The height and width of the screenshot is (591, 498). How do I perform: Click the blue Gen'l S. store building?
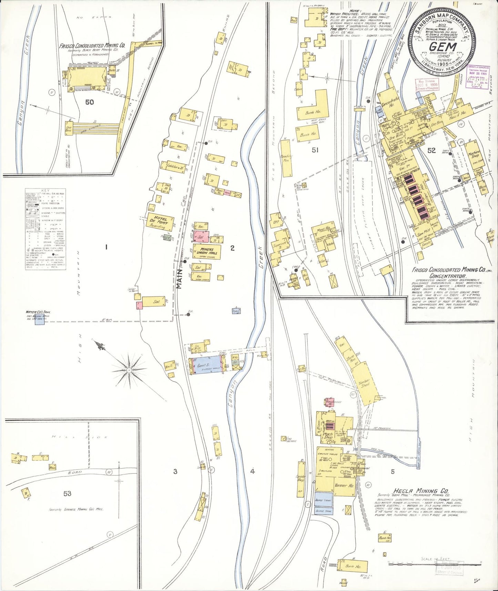tap(206, 365)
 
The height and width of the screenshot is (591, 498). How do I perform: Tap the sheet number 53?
tap(67, 493)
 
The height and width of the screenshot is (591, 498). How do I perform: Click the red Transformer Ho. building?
tap(329, 402)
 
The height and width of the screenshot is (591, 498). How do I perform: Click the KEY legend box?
tap(45, 229)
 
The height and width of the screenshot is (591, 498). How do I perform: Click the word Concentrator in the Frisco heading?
tap(447, 276)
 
